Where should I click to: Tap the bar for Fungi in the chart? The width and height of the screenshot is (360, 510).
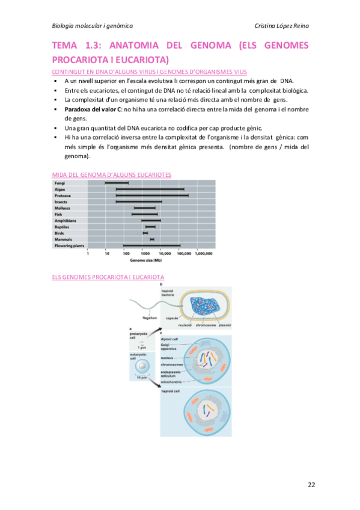(117, 183)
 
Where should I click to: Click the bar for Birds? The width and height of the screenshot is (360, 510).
(145, 233)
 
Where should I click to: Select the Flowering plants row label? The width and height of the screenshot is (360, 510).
(70, 245)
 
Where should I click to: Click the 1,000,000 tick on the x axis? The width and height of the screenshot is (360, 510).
(204, 254)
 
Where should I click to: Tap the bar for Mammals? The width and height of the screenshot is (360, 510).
(152, 239)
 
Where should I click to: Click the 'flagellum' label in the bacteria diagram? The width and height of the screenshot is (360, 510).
(150, 318)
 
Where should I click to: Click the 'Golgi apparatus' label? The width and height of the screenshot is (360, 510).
(169, 347)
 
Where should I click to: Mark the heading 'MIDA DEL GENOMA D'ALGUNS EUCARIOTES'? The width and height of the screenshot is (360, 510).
(112, 174)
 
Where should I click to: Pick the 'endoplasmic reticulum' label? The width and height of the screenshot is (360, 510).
(174, 373)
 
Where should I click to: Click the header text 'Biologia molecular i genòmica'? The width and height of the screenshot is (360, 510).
(93, 25)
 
